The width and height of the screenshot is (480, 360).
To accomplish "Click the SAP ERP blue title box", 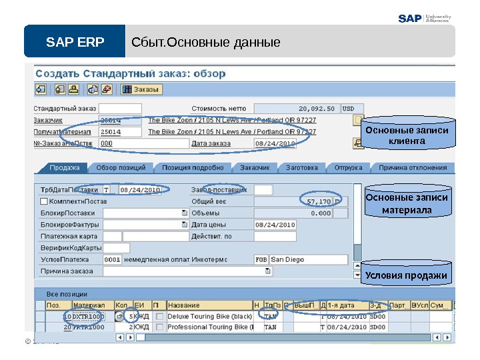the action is (x=75, y=43).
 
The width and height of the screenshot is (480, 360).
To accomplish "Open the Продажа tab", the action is (x=65, y=168).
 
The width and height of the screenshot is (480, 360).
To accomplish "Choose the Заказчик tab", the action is (x=255, y=168).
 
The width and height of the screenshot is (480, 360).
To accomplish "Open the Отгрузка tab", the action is (x=349, y=168).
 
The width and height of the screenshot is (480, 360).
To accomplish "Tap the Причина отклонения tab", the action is (x=413, y=168).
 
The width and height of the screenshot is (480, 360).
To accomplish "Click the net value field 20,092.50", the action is (x=297, y=108).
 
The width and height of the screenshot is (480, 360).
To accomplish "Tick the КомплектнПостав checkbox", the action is (x=44, y=201).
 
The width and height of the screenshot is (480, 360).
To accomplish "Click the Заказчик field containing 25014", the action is (x=120, y=120).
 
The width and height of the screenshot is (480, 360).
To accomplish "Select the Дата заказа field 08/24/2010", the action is (x=275, y=143).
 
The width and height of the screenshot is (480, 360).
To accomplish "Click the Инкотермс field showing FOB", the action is (x=261, y=259).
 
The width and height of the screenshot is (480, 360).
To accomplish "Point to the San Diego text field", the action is (x=308, y=259).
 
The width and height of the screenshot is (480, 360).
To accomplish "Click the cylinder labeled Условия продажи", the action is (x=406, y=275).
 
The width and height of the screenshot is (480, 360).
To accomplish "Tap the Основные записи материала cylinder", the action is (x=406, y=205).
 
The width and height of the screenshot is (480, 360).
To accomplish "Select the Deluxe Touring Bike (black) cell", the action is (x=209, y=316).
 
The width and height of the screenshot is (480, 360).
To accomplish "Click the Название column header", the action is (x=209, y=305).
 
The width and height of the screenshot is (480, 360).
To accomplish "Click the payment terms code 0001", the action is (x=113, y=259).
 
